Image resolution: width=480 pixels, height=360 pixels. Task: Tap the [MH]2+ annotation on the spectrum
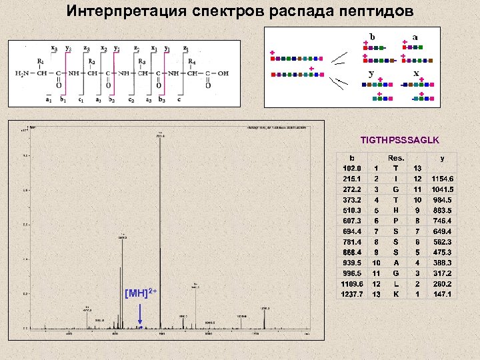pyautogui.click(x=141, y=293)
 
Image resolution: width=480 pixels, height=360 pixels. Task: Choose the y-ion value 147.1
pyautogui.click(x=441, y=294)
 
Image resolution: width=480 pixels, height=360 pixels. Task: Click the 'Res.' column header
pyautogui.click(x=396, y=158)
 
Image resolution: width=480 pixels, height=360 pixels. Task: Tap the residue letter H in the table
pyautogui.click(x=396, y=210)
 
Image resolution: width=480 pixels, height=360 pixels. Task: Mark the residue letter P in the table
pyautogui.click(x=396, y=221)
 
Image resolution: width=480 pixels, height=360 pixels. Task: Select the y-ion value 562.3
pyautogui.click(x=441, y=241)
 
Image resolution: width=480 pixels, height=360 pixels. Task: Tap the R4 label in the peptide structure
pyautogui.click(x=191, y=61)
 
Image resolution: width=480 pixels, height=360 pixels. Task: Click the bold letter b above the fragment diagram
pyautogui.click(x=372, y=36)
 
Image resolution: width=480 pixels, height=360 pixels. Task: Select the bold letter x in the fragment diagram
pyautogui.click(x=416, y=73)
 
